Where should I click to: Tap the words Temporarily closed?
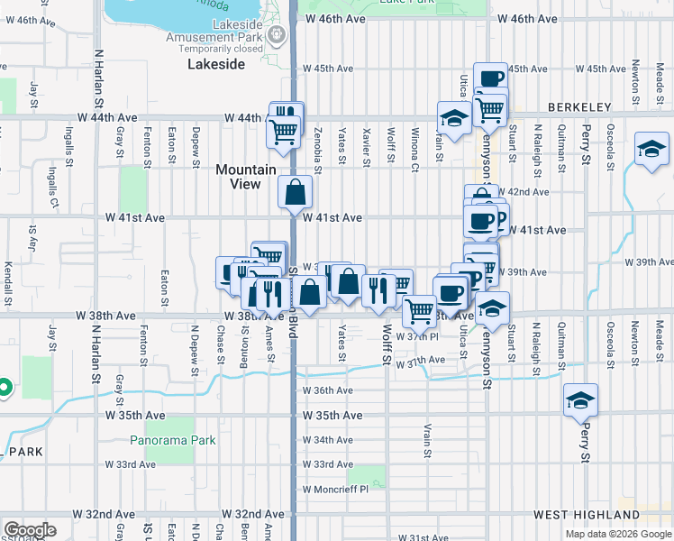[214, 49]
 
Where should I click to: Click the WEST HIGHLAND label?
[576, 515]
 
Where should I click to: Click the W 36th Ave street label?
[327, 390]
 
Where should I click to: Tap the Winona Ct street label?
[415, 149]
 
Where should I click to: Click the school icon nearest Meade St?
[651, 148]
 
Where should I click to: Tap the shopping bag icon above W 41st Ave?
[296, 191]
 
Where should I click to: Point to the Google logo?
[31, 530]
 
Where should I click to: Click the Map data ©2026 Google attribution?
[617, 534]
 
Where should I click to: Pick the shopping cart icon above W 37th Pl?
[419, 311]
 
